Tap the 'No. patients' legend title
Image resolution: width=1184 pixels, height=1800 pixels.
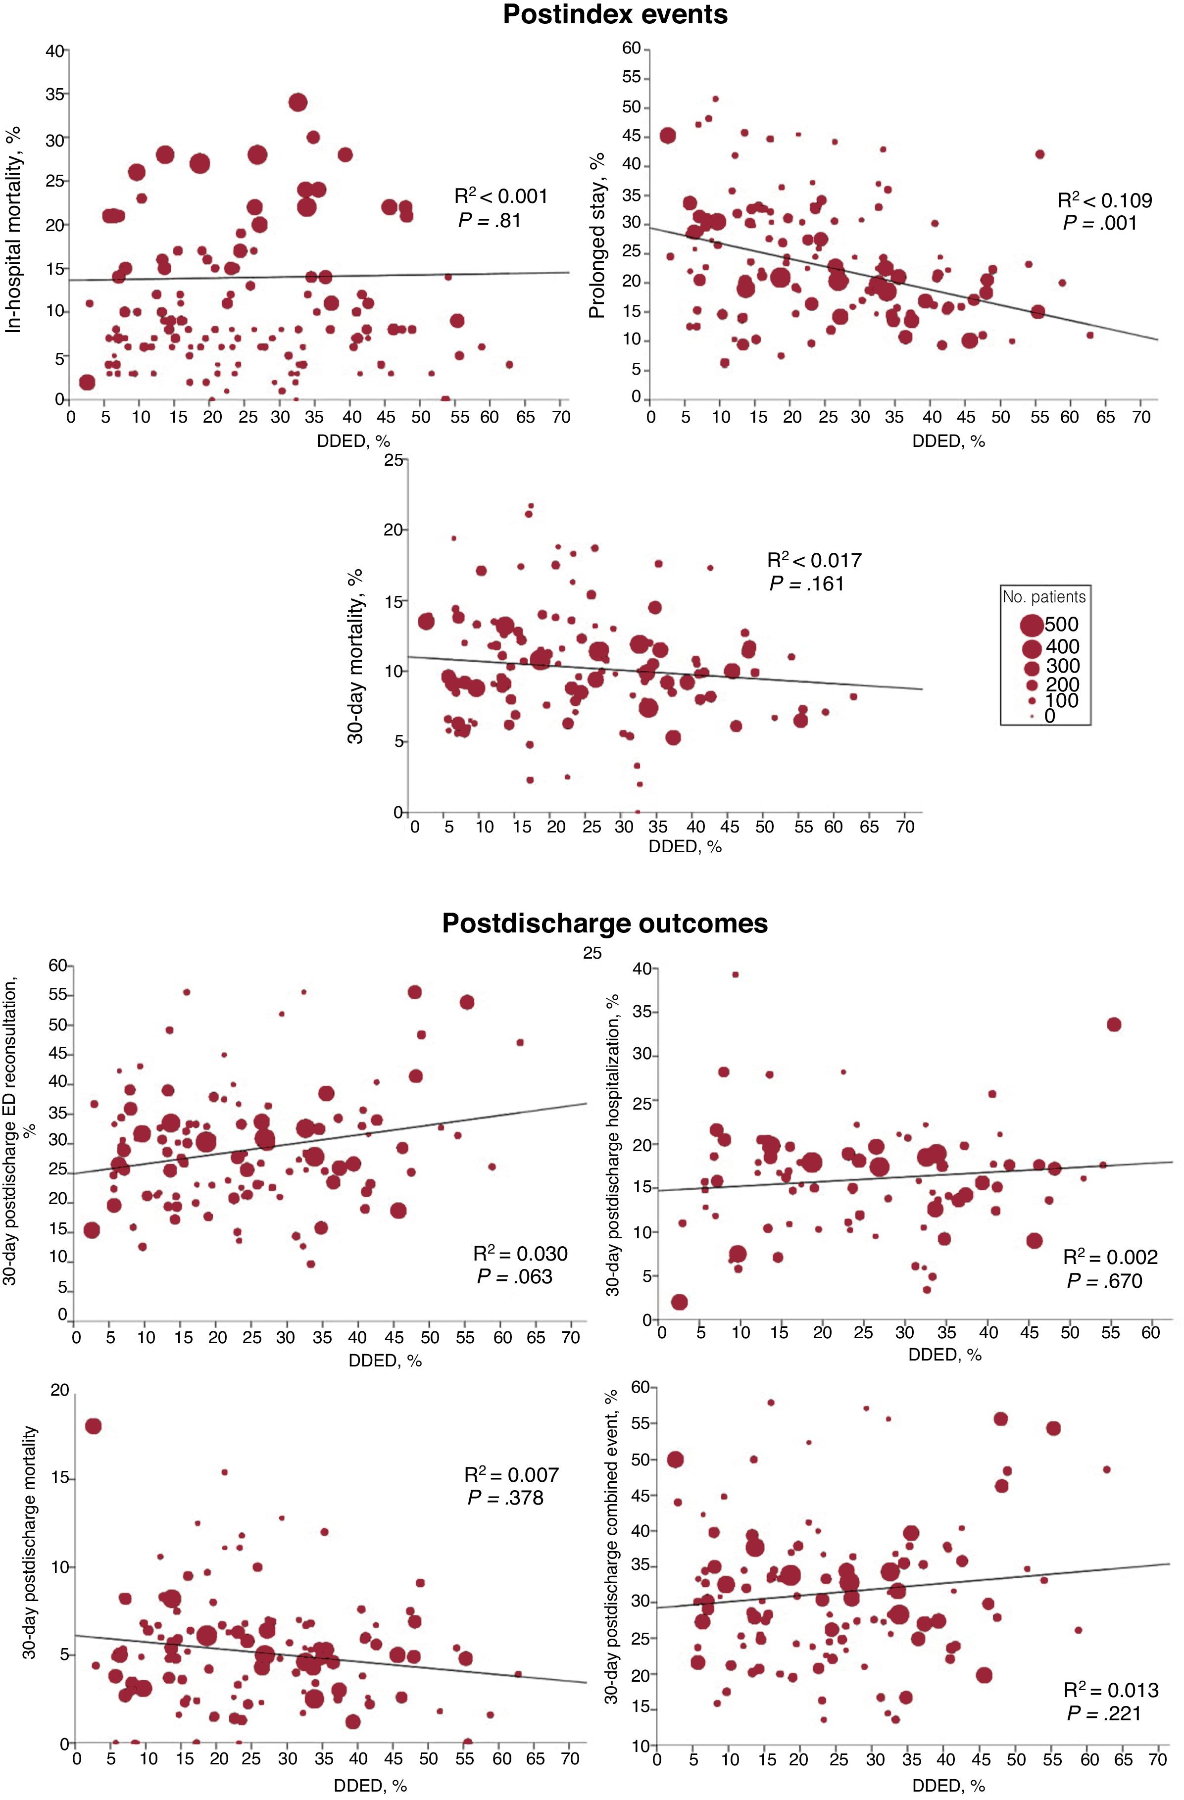(1044, 597)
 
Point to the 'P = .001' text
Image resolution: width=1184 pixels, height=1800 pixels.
(1100, 223)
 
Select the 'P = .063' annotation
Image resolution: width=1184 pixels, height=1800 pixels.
(514, 1277)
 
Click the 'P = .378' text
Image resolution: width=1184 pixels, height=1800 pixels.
(505, 1498)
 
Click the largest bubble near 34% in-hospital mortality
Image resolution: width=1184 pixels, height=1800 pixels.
(297, 102)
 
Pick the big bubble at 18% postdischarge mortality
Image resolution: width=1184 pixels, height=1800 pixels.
(93, 1426)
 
